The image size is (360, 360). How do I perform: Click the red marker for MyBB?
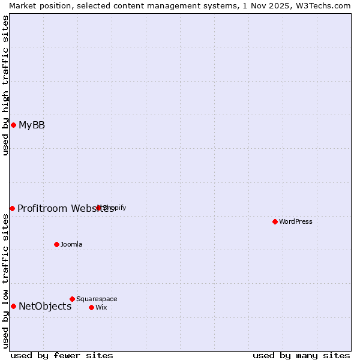coord(13,125)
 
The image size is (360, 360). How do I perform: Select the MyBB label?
coord(32,125)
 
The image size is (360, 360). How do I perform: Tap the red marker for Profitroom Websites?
coord(12,208)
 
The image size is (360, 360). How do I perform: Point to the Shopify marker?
coord(99,208)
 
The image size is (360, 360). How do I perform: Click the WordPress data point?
coord(275,221)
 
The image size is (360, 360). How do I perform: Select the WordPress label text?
coord(296,222)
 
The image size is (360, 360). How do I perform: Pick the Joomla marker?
coord(56,244)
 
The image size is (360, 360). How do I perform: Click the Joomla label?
coord(71,245)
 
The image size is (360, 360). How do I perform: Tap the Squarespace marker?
coord(72,299)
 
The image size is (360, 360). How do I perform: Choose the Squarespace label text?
coord(97,299)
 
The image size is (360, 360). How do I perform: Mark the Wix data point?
coord(91,307)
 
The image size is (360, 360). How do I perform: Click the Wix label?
coord(101,308)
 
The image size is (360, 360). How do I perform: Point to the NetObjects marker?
coord(13,306)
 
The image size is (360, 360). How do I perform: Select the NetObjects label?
coord(45,307)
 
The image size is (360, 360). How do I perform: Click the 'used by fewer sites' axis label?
coord(62,355)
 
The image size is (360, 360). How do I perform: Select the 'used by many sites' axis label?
coord(301,355)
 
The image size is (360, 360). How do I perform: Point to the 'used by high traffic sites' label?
coord(5,85)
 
